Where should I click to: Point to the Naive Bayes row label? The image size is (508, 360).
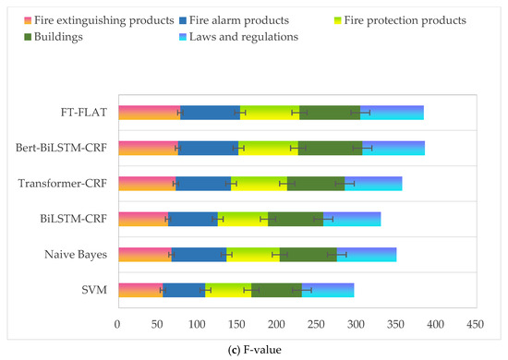[77, 255]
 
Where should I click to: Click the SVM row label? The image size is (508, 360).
[93, 290]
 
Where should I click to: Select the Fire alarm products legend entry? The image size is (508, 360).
[244, 19]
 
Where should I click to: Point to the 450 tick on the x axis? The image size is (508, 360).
[475, 324]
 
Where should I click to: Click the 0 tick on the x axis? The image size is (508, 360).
[117, 324]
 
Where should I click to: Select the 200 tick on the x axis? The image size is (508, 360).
[276, 324]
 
